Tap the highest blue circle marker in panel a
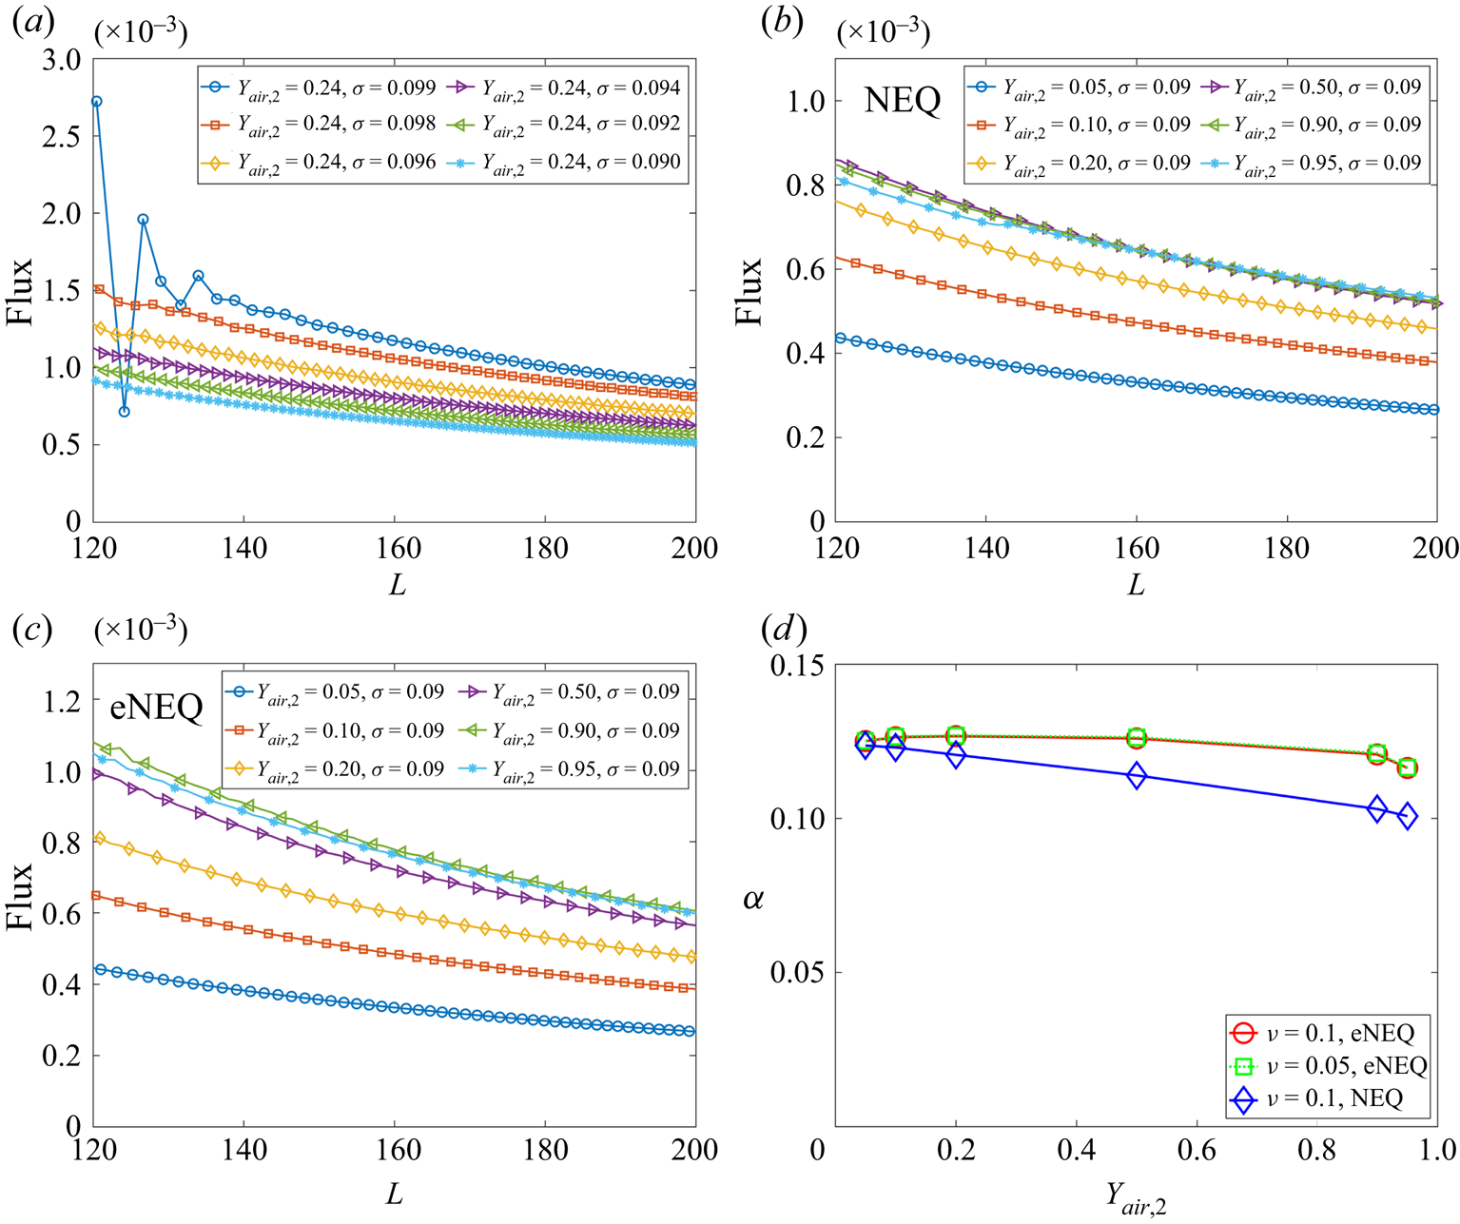coord(96,101)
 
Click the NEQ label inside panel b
coord(902,100)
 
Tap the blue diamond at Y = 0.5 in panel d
coord(1136,776)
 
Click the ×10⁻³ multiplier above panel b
coord(884,32)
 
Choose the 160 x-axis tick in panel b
coord(1137,549)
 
